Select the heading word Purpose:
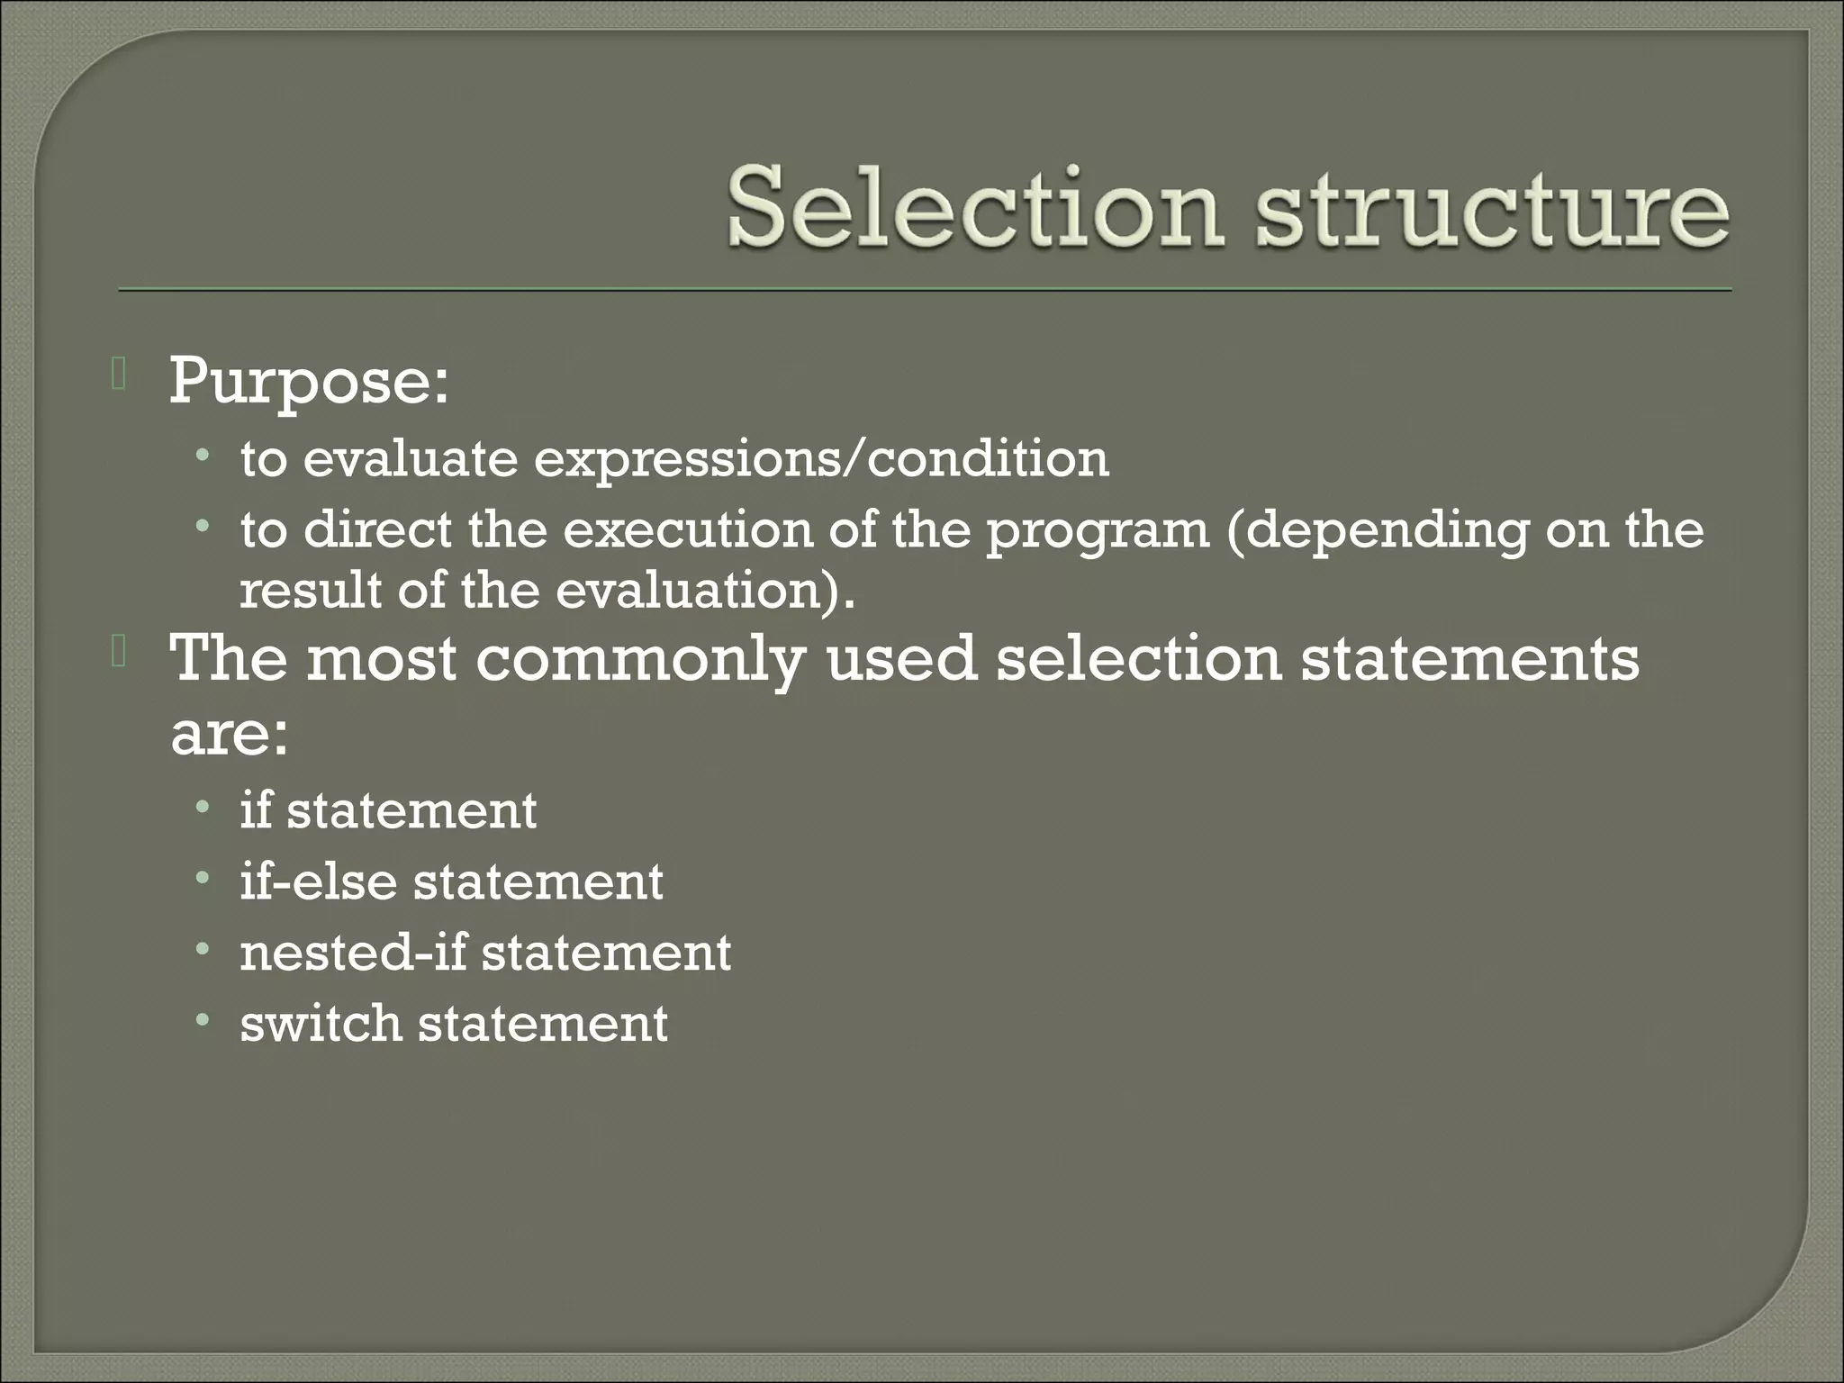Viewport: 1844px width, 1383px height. click(309, 382)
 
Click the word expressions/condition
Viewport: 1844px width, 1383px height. click(821, 459)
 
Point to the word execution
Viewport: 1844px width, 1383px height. click(688, 529)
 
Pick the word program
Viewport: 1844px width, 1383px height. click(1098, 533)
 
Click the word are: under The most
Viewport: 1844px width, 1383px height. click(230, 736)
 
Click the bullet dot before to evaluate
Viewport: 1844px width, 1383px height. click(203, 456)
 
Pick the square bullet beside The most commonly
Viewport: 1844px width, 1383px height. click(117, 654)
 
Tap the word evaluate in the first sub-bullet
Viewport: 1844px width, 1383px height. click(411, 459)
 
